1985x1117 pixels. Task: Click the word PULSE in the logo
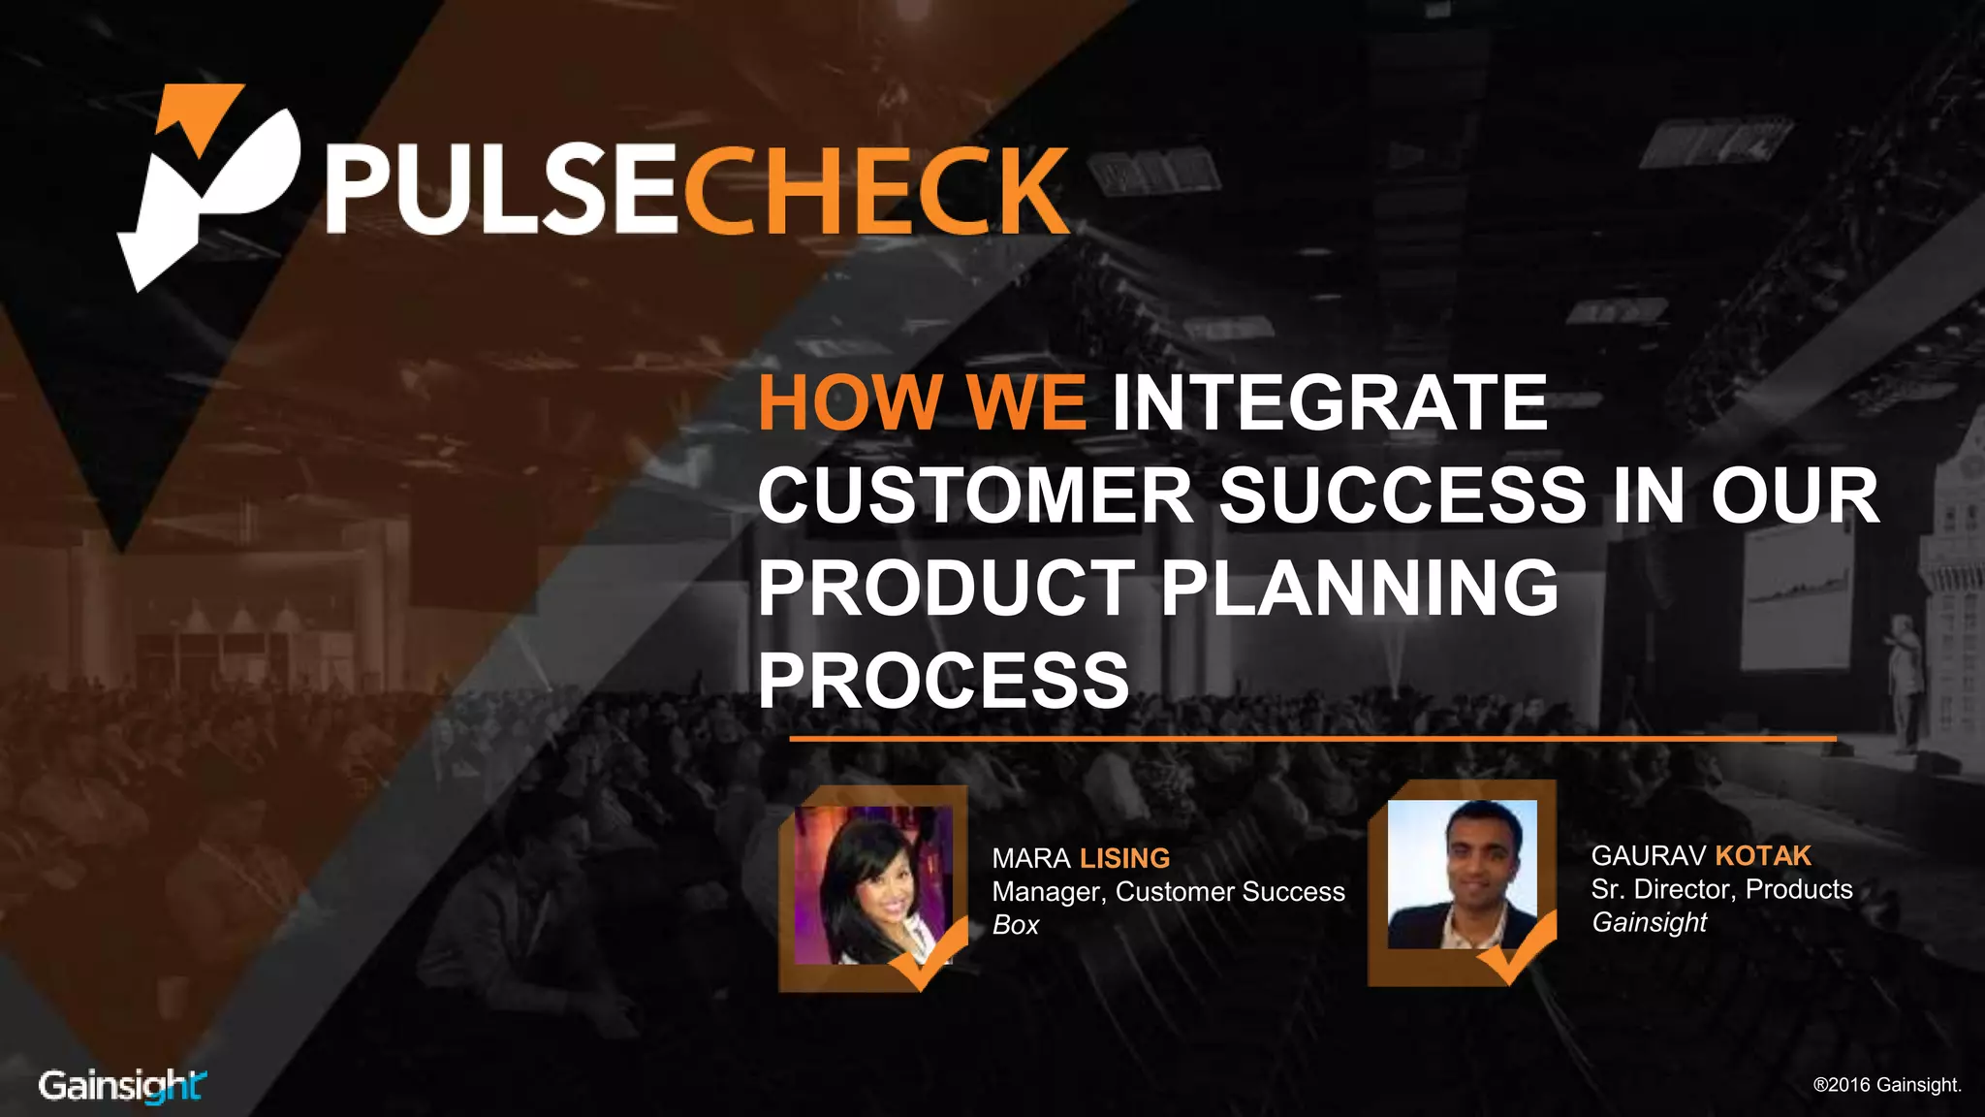point(502,190)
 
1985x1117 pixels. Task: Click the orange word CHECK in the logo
point(876,190)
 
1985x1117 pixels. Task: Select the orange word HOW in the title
point(847,402)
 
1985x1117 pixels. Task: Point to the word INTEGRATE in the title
point(1330,402)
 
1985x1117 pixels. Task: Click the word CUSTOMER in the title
point(974,495)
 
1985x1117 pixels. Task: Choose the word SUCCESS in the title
point(1402,495)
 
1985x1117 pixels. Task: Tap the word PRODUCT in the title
point(946,588)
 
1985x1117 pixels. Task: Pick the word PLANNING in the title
point(1360,588)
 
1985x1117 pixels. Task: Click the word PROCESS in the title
point(943,680)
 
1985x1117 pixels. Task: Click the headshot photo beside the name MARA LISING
point(873,885)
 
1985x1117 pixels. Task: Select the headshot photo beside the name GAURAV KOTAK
point(1462,875)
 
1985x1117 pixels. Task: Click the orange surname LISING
point(1124,858)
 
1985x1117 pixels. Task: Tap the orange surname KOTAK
point(1763,855)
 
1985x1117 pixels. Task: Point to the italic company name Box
point(1015,925)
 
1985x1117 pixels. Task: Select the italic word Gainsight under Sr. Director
point(1649,922)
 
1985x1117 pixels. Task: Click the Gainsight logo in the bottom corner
point(122,1085)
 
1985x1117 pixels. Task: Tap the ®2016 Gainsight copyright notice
point(1886,1085)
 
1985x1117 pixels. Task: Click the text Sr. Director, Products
point(1721,889)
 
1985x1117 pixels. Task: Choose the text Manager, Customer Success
point(1168,892)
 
